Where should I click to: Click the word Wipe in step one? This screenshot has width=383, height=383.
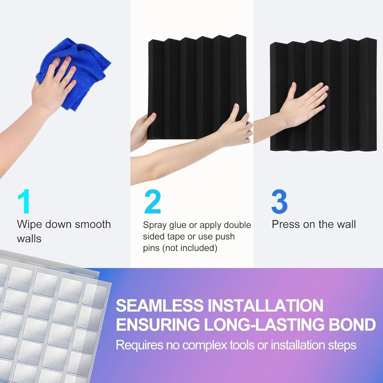tap(29, 224)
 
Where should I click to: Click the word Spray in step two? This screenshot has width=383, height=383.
tap(154, 225)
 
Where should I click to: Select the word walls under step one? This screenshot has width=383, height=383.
tap(29, 239)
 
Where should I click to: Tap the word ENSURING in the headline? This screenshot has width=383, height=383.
tap(158, 325)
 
